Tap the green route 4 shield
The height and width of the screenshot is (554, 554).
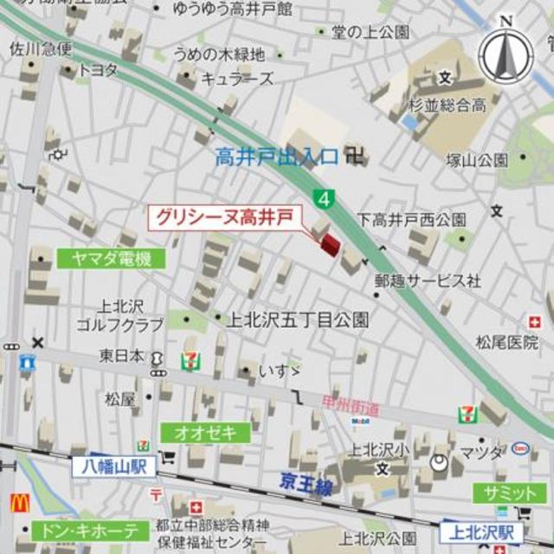pos(325,198)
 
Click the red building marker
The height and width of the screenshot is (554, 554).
pos(330,245)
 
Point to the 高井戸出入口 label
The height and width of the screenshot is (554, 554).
pos(276,157)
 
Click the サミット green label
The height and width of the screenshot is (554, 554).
pos(510,493)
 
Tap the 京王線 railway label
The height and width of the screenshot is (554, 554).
pos(306,486)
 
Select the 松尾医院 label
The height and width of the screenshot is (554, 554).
pos(507,342)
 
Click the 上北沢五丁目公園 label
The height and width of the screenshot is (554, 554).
pos(299,319)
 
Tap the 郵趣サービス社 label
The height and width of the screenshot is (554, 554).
pos(427,280)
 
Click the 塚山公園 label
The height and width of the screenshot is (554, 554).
pos(477,159)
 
